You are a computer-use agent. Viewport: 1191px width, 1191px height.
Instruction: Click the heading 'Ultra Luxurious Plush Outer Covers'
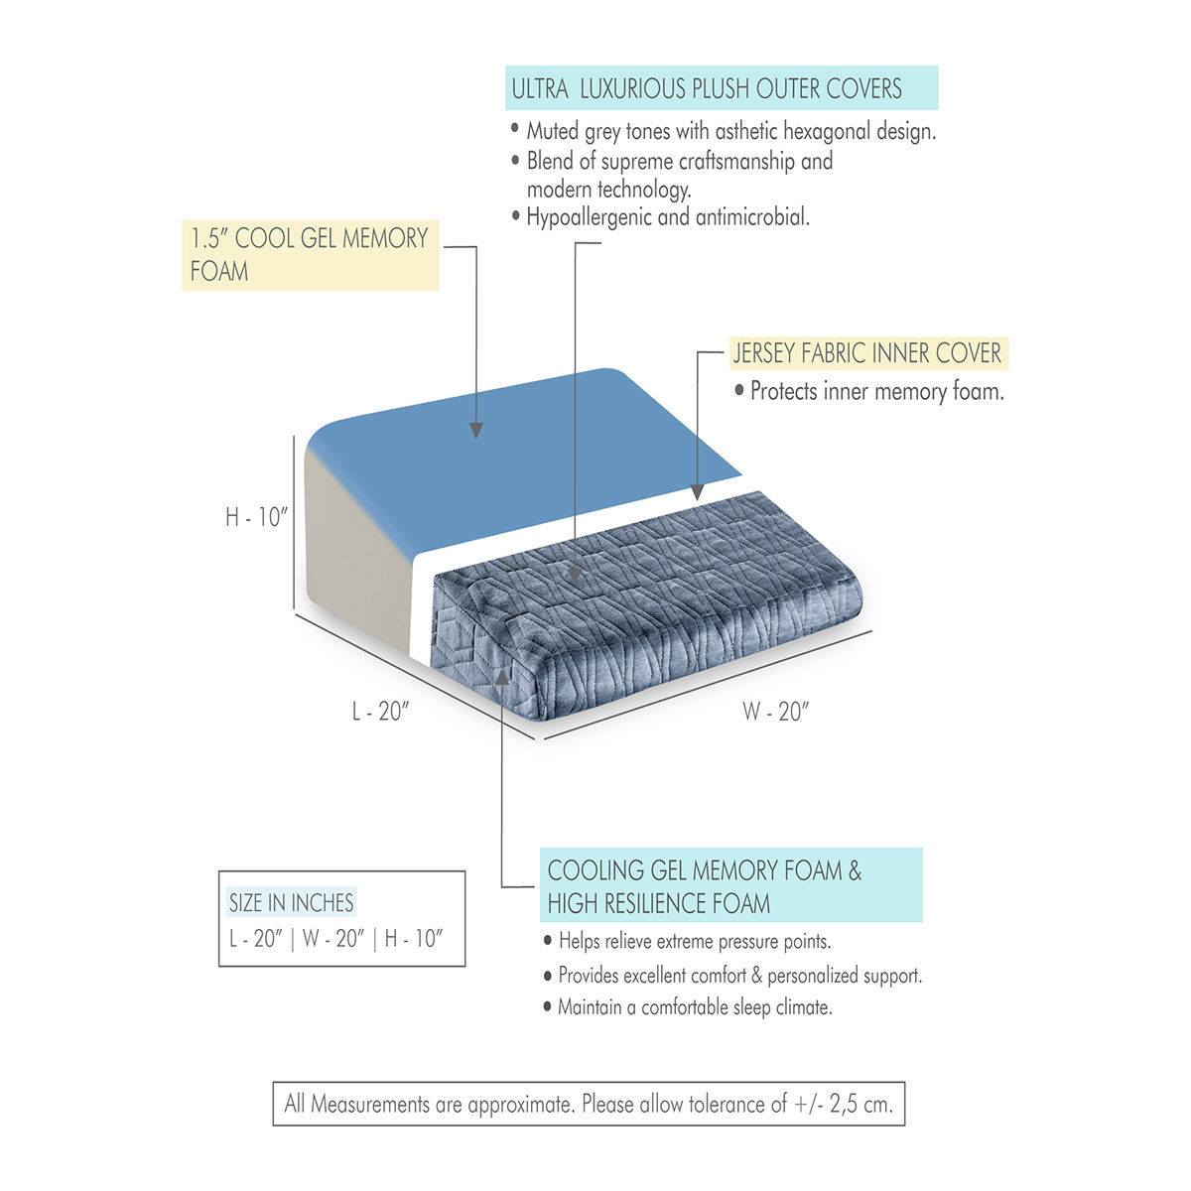click(x=707, y=88)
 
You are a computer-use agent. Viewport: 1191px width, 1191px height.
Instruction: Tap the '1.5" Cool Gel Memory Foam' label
click(x=309, y=254)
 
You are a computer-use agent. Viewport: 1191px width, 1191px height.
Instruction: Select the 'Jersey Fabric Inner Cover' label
click(x=866, y=352)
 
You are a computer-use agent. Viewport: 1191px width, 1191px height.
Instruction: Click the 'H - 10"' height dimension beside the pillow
click(x=255, y=516)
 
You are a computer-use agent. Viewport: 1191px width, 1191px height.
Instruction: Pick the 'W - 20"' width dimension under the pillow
click(x=776, y=711)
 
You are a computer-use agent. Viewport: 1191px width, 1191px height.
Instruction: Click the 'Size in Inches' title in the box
click(x=291, y=902)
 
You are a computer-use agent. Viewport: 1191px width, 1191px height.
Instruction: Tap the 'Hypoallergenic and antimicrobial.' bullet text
click(x=668, y=216)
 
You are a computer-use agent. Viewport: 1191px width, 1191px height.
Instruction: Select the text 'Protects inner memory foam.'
click(x=876, y=391)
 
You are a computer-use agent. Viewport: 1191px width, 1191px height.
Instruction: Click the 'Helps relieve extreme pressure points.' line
click(x=694, y=941)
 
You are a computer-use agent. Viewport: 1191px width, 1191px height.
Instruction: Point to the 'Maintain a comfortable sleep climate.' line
click(x=694, y=1007)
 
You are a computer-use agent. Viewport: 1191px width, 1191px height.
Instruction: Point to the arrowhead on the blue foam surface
click(x=476, y=430)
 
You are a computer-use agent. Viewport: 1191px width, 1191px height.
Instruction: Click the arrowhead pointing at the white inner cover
click(x=697, y=491)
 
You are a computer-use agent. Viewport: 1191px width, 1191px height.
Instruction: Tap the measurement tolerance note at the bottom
click(x=589, y=1104)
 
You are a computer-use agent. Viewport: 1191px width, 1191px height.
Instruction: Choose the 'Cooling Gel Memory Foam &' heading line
click(x=705, y=870)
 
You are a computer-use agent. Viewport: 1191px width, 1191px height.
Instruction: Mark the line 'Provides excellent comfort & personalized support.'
click(x=739, y=976)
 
